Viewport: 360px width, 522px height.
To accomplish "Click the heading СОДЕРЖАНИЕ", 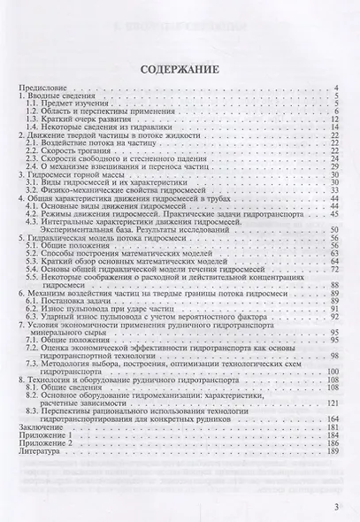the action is pos(180,67).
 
